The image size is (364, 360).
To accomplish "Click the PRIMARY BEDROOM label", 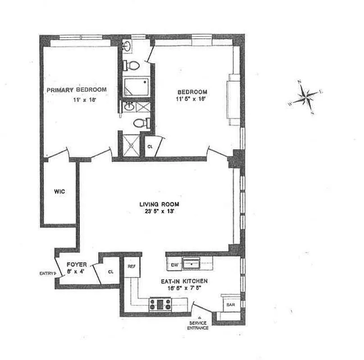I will tap(77, 90).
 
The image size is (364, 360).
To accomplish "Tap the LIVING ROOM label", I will tap(156, 204).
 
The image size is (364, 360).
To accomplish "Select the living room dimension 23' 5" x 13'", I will tap(156, 212).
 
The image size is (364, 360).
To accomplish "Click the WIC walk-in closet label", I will tap(59, 192).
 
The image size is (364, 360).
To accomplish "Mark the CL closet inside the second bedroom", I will tap(150, 146).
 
